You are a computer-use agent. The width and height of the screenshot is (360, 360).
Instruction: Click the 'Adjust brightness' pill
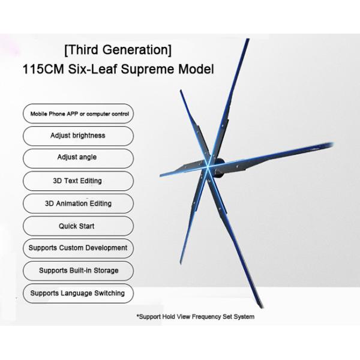(x=78, y=136)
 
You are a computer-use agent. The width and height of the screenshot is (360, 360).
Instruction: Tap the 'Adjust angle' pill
(x=78, y=157)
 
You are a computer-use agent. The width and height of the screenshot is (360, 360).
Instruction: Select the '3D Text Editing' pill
(x=78, y=181)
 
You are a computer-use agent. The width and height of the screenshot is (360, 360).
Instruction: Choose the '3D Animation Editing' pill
(x=78, y=203)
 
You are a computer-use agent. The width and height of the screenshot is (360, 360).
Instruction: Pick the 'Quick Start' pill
(x=78, y=226)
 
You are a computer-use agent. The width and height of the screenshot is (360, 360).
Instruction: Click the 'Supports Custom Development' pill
(x=78, y=248)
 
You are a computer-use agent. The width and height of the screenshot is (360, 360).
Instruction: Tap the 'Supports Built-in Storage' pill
(x=78, y=271)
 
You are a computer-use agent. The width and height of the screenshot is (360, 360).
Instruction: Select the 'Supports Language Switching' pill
(x=78, y=293)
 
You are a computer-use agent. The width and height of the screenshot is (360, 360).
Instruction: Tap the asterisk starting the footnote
(x=139, y=315)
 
